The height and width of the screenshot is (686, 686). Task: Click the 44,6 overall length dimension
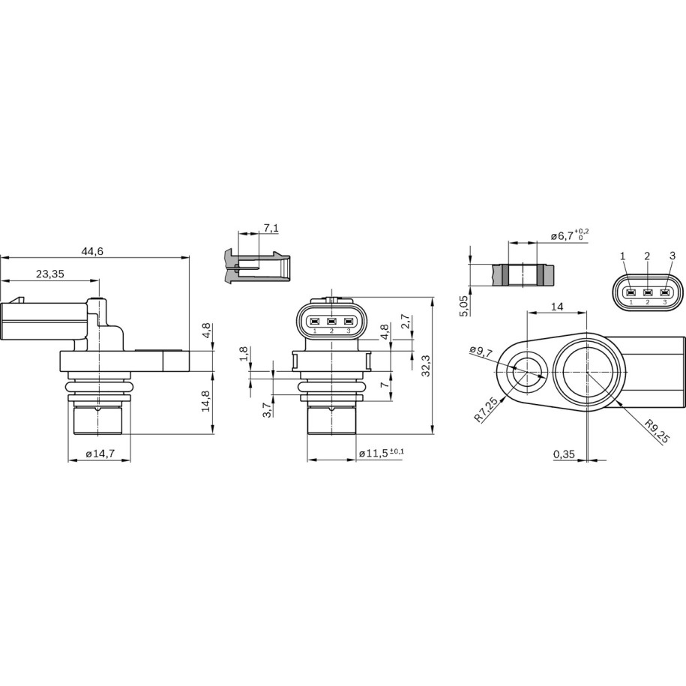tap(92, 251)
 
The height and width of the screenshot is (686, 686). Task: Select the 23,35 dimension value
tap(50, 274)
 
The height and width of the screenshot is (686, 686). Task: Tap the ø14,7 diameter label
tap(100, 454)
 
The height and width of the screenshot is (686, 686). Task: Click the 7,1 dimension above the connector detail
tap(271, 228)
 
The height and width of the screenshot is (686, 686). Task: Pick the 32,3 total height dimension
tap(426, 365)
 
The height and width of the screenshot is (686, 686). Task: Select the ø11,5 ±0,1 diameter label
tap(382, 454)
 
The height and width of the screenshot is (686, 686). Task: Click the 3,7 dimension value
tap(268, 410)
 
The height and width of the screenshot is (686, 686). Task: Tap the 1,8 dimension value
tap(244, 354)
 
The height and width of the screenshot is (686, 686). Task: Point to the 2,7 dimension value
tap(405, 321)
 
